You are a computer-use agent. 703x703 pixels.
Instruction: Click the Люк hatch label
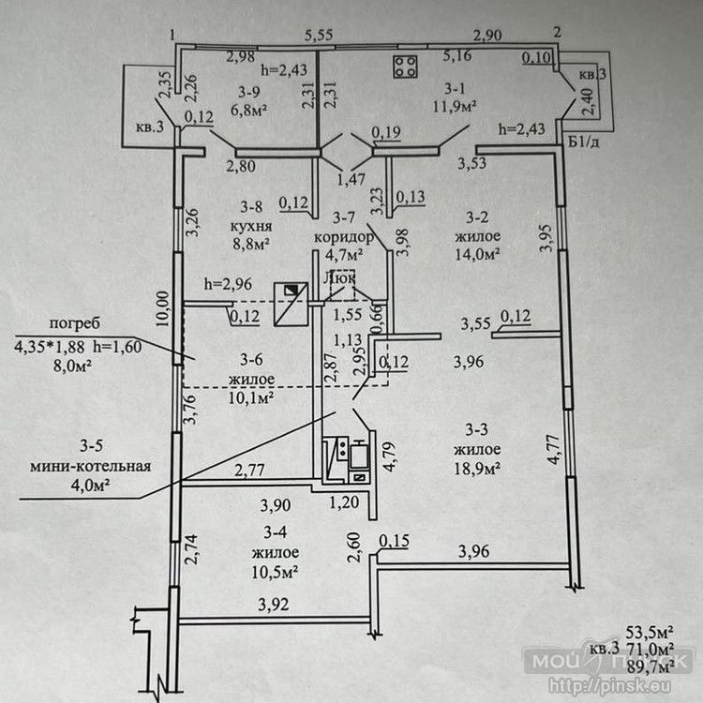[x=338, y=277]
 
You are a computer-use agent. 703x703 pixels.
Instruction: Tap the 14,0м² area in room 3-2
[x=476, y=253]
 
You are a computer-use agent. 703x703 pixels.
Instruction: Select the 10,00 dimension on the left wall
[x=164, y=307]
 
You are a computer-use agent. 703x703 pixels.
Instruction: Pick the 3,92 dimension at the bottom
[x=275, y=605]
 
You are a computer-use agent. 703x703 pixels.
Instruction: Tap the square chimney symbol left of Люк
[x=292, y=304]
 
